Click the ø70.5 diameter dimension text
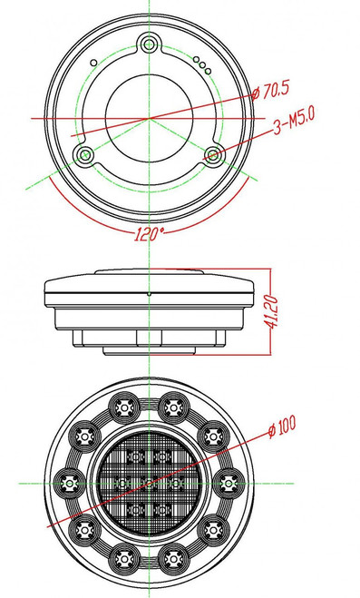tap(276, 90)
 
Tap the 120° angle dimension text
tap(149, 233)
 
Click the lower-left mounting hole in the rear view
tap(85, 155)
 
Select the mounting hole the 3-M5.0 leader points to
tap(214, 155)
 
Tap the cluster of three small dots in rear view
tap(202, 64)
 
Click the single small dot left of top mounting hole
tap(93, 61)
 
